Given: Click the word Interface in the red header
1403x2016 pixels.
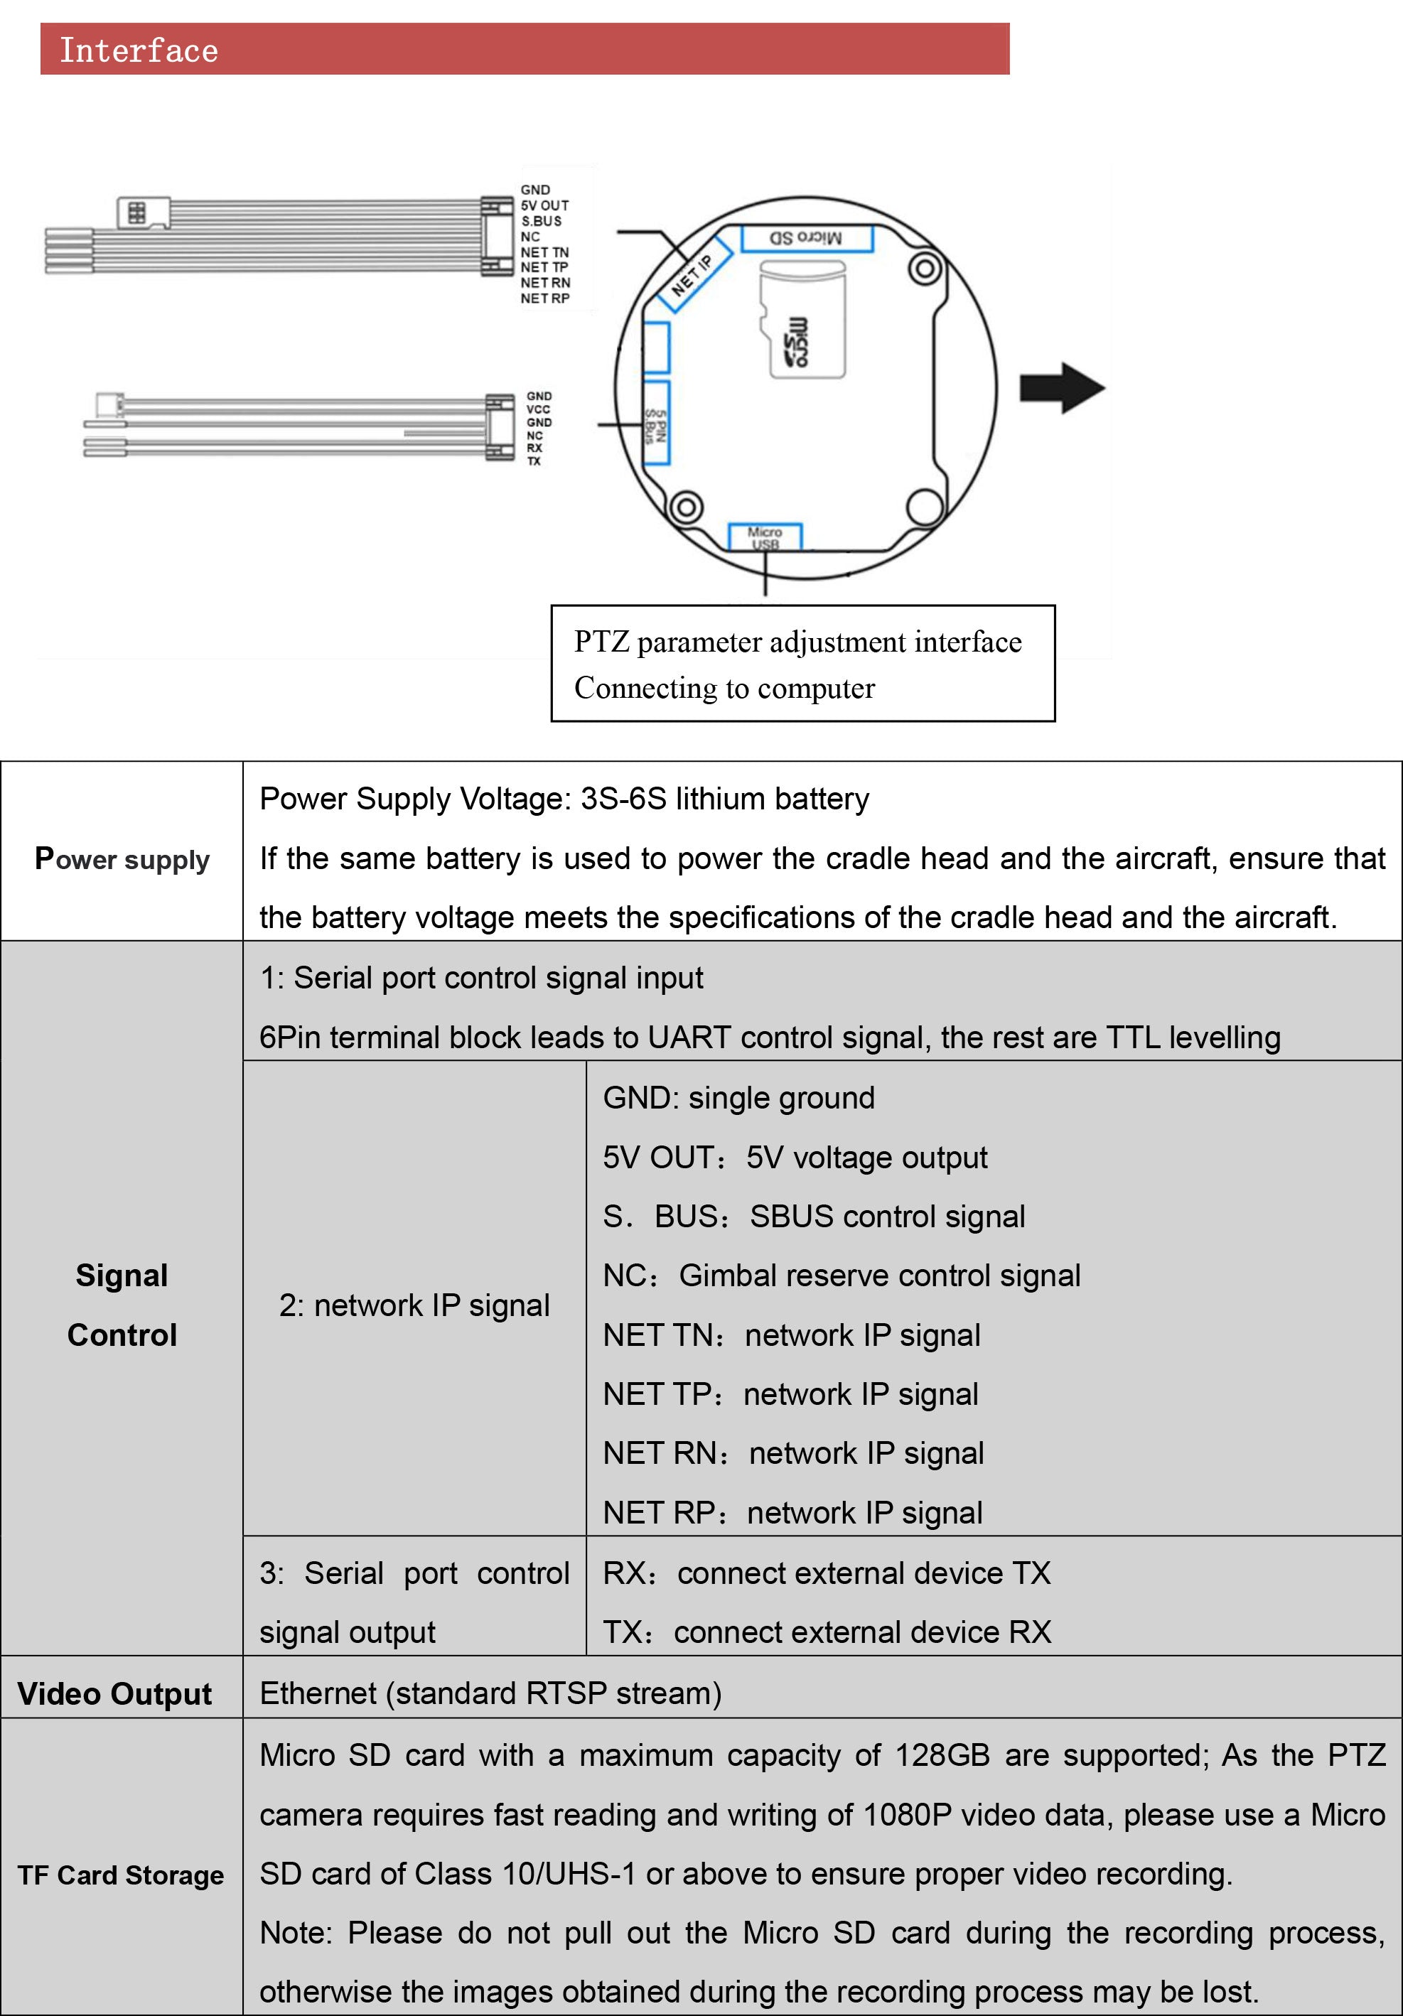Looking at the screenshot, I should click(x=139, y=50).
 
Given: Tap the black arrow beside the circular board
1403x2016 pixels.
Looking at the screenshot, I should click(x=1060, y=387).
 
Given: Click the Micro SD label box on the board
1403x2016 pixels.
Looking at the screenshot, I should click(x=806, y=238).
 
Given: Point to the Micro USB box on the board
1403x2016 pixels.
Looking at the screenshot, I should click(x=765, y=537).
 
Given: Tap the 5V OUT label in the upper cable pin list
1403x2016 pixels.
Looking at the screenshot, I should click(x=544, y=205).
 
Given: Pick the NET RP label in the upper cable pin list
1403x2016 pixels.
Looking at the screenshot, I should click(x=544, y=298).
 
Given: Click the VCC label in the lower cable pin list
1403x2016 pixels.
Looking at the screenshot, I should click(x=538, y=409).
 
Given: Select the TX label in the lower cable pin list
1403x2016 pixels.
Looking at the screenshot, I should click(x=534, y=461).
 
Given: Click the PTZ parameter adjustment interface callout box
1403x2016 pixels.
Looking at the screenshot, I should click(x=802, y=664).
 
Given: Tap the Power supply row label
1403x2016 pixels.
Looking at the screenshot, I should click(x=122, y=858).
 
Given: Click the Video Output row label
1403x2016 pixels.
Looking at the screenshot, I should click(x=115, y=1693).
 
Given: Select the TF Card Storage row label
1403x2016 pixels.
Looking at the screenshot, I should click(x=121, y=1875).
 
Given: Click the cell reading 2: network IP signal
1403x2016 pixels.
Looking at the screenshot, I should click(x=414, y=1305).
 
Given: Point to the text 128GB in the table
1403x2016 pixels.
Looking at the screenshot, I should click(x=942, y=1755).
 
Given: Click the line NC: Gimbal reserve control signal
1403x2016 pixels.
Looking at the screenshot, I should click(x=841, y=1276).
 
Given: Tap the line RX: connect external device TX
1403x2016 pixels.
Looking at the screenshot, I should click(x=826, y=1573).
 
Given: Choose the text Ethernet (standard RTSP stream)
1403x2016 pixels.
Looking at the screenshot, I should click(x=490, y=1693).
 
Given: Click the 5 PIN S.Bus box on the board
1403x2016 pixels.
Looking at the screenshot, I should click(x=657, y=424).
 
